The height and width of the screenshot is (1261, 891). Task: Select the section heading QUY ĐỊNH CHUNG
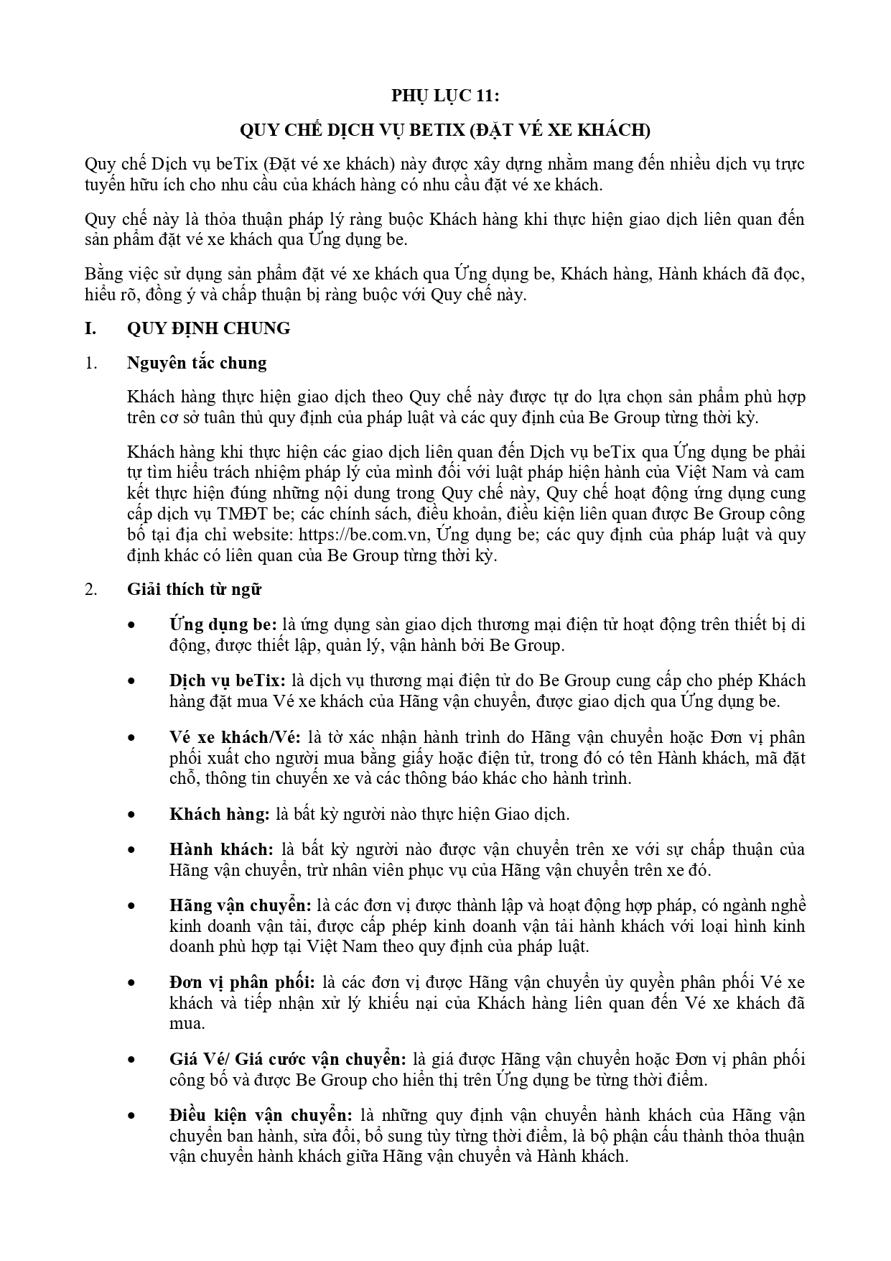click(x=209, y=328)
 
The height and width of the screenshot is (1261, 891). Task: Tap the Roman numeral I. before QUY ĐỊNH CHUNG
click(x=90, y=328)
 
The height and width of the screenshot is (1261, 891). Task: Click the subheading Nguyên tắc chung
click(x=197, y=363)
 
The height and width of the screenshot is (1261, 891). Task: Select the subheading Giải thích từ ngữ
click(x=194, y=589)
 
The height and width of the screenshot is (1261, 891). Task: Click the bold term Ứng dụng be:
click(x=223, y=624)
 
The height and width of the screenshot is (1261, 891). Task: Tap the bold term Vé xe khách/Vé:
click(x=235, y=737)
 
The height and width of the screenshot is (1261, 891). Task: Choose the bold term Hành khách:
click(x=221, y=849)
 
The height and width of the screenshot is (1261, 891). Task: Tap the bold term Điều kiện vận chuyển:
click(x=261, y=1115)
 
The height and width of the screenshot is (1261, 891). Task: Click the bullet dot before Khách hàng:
click(x=131, y=815)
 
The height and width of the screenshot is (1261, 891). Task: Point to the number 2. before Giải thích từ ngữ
click(x=90, y=589)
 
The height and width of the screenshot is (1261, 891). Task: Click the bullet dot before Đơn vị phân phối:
click(x=131, y=983)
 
